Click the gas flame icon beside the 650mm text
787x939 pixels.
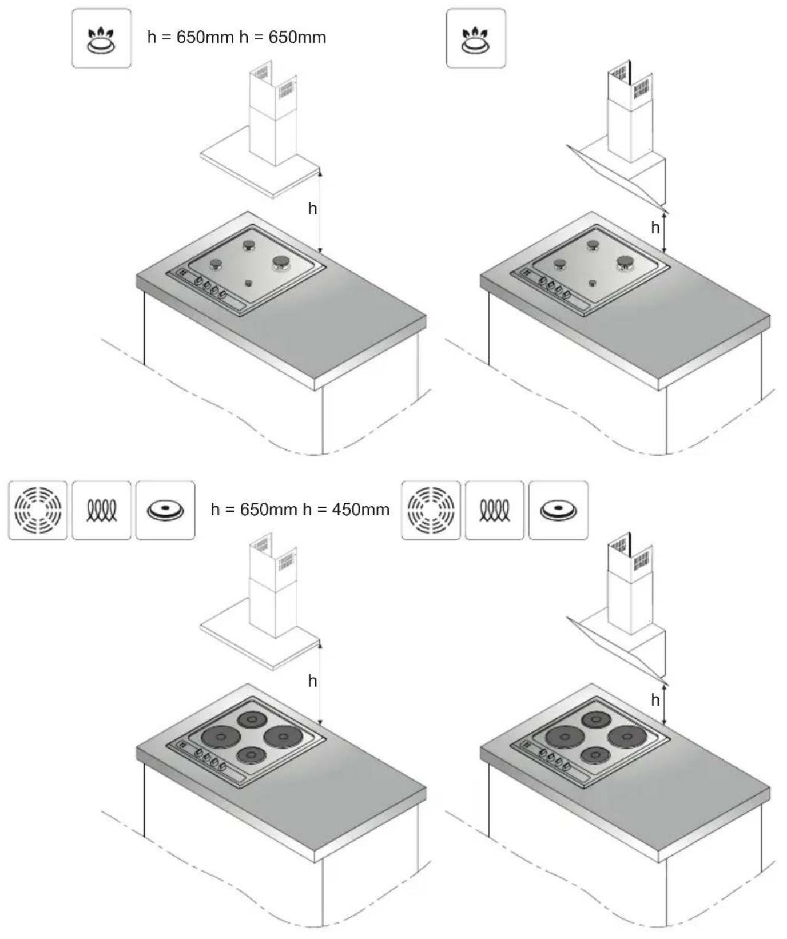(101, 38)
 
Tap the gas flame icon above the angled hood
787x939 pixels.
(476, 38)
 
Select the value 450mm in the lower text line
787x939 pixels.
(361, 510)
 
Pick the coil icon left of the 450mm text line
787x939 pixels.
(101, 510)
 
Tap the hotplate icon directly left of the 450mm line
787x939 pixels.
(165, 510)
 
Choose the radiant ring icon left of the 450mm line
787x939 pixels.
(38, 510)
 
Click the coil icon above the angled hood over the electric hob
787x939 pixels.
(495, 510)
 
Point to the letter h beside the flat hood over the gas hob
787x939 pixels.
(312, 209)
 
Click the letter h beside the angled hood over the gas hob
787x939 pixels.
(655, 228)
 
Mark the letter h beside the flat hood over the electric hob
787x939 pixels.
(312, 681)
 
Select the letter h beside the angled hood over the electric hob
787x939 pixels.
(655, 700)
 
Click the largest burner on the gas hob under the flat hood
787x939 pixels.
(281, 263)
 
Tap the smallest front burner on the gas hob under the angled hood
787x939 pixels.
(592, 283)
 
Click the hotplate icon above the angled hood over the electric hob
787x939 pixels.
(558, 510)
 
